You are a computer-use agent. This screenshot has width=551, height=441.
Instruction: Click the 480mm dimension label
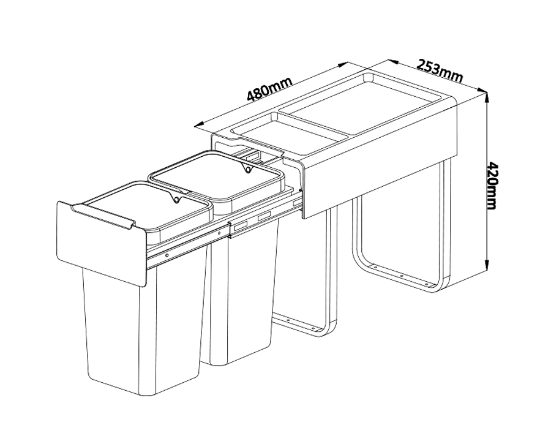tap(269, 89)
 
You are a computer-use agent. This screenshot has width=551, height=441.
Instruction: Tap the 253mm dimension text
tap(440, 71)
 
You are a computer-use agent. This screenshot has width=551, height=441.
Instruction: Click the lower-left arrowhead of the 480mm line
tap(199, 125)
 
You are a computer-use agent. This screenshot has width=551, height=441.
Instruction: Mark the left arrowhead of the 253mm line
tap(393, 62)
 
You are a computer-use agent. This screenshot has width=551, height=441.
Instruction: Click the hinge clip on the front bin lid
tap(174, 199)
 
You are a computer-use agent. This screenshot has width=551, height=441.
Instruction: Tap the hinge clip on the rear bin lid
tap(248, 169)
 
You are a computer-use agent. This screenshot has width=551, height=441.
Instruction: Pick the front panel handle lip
tap(102, 215)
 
